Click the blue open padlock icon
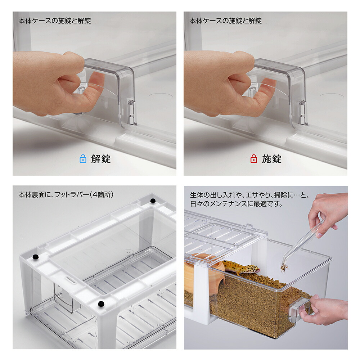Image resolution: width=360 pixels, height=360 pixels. (83, 159)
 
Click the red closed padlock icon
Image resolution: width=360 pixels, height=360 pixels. (254, 159)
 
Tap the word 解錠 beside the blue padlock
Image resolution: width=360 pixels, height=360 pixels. (100, 159)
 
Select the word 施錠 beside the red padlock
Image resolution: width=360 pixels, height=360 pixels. (271, 159)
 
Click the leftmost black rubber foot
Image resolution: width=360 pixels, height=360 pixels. (35, 257)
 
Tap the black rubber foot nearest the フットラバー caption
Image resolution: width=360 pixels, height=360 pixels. (153, 200)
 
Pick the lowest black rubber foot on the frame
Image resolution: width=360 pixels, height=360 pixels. (101, 303)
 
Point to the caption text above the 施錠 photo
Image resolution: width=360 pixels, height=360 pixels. (225, 21)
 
